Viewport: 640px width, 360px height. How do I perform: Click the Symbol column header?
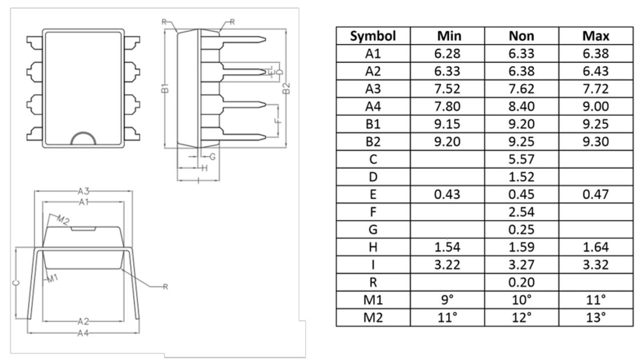point(373,36)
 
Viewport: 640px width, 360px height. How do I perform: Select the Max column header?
point(596,36)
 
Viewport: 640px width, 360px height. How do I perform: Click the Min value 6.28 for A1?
point(447,53)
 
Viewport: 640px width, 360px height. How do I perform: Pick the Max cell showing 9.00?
point(596,106)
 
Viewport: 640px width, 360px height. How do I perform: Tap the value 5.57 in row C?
point(522,159)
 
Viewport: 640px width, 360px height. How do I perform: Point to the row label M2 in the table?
point(373,317)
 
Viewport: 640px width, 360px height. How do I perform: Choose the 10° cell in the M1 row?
point(522,300)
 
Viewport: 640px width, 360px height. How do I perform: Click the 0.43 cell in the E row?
point(447,194)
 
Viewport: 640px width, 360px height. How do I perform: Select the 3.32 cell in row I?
point(596,265)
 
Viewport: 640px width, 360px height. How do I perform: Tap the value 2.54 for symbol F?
point(522,212)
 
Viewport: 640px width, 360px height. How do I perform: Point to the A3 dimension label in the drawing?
point(83,191)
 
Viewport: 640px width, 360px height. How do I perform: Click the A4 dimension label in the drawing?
point(83,333)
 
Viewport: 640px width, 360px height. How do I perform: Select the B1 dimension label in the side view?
point(165,88)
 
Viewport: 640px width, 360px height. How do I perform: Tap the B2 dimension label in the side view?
point(286,88)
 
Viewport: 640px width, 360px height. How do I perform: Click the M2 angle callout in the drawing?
point(63,220)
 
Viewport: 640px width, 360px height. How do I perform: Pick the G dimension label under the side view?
point(212,157)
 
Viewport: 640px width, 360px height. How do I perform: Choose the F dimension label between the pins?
point(278,121)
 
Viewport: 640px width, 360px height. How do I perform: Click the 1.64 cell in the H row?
point(596,247)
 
